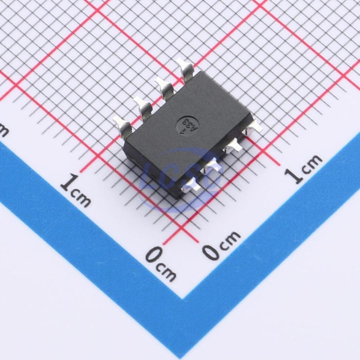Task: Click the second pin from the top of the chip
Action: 164,88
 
